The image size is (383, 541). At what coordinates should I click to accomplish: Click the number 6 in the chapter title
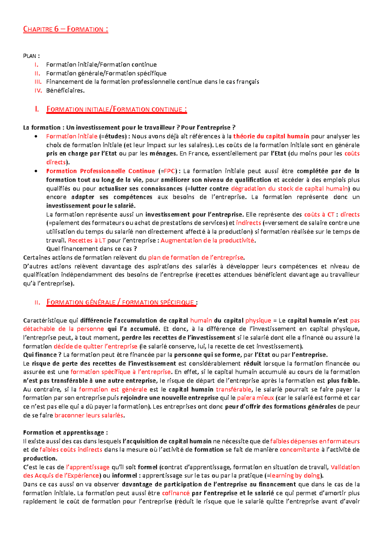56,29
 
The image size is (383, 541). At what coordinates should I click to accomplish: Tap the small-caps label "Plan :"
31,56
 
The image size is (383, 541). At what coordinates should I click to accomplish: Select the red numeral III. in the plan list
38,82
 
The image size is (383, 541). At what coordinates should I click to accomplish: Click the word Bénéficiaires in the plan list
65,91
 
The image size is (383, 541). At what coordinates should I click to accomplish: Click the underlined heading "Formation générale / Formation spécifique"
121,302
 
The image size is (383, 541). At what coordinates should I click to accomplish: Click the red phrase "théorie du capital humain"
271,137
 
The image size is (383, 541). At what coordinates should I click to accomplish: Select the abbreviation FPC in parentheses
169,171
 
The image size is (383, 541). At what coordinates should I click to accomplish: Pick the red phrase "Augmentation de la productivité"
207,241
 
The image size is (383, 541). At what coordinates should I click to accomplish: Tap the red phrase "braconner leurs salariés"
89,415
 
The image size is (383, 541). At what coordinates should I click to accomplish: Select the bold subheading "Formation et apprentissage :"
65,433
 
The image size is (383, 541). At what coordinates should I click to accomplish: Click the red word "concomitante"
299,450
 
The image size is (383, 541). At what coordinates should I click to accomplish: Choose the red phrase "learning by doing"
295,476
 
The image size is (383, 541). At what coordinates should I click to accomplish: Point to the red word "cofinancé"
176,493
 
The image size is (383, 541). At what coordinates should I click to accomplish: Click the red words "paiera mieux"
255,398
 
